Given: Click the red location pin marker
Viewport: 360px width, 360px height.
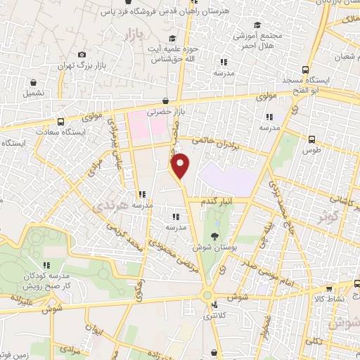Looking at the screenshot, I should pos(181,165).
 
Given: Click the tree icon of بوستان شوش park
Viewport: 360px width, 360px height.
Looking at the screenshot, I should pos(215,237).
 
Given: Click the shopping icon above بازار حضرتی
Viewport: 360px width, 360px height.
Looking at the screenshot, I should pos(165,101).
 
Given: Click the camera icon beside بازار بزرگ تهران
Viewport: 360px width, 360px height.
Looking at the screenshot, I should pos(82,55).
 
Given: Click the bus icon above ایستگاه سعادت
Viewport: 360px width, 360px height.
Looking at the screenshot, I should pos(60,121).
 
